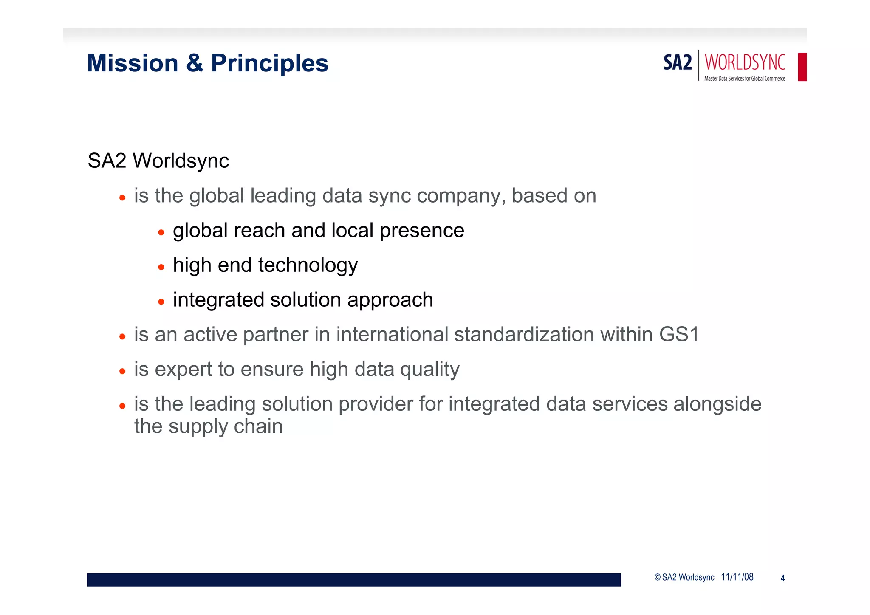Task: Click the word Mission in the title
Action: (133, 63)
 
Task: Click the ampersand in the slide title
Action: (195, 63)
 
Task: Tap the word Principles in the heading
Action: (269, 64)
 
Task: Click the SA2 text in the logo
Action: (678, 63)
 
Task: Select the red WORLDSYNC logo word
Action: (745, 62)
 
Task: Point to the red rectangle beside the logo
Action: (802, 67)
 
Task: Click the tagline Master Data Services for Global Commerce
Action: (744, 79)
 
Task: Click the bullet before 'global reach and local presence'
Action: (161, 232)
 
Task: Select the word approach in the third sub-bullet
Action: (390, 300)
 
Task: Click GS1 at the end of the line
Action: (679, 334)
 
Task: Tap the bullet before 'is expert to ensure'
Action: (122, 371)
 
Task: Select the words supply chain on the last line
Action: (226, 427)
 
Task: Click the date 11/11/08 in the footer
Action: (737, 577)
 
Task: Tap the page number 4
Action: (782, 578)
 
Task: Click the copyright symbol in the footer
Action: (658, 577)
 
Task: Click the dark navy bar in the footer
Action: (353, 580)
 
